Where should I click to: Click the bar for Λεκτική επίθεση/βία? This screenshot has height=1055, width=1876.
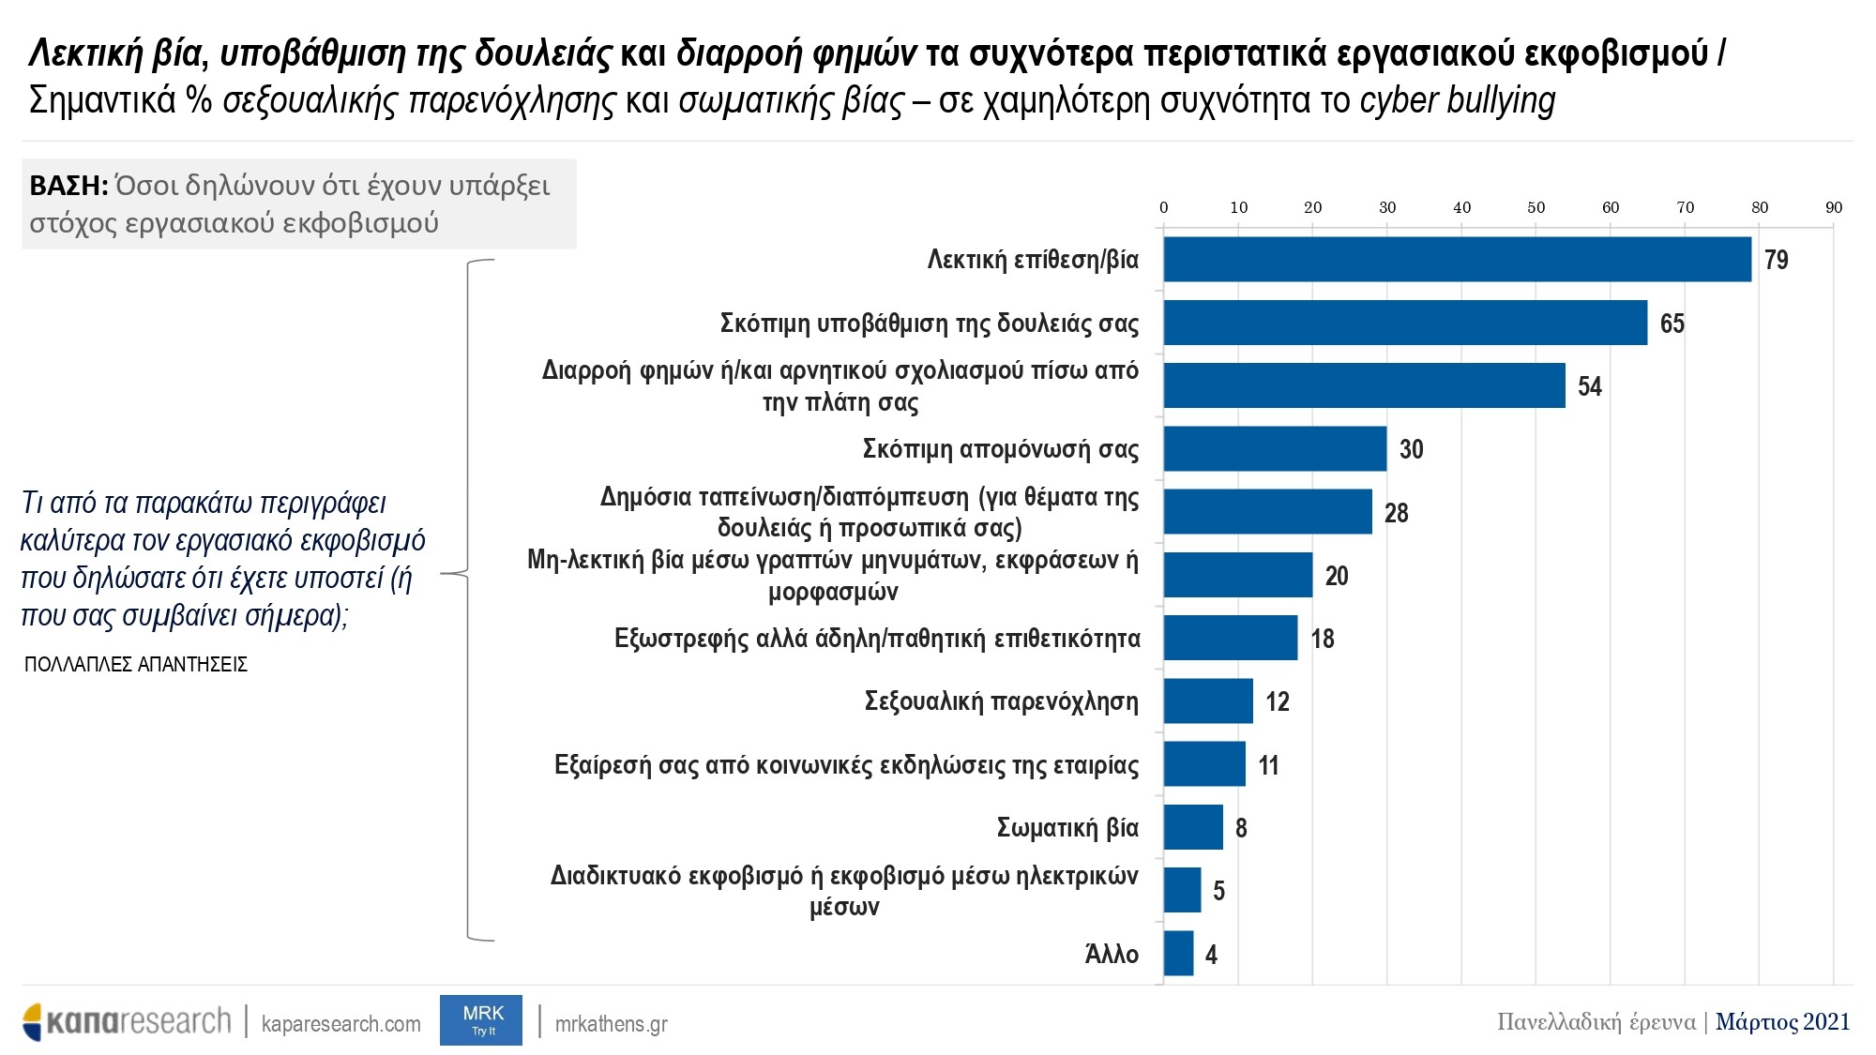(1457, 259)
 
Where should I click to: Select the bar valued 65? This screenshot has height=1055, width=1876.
(1405, 323)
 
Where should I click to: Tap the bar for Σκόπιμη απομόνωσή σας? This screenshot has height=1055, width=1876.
(1275, 449)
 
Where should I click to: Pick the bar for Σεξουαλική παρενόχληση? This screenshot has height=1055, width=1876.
(1208, 701)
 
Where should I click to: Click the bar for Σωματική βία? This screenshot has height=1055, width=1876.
(1193, 827)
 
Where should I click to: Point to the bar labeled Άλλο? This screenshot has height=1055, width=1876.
(1178, 954)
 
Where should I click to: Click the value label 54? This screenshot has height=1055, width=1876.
(1589, 386)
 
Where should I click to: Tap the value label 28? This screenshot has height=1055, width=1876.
(1396, 513)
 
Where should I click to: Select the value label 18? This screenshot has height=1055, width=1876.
(1323, 640)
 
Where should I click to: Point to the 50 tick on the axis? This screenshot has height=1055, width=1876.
(1536, 208)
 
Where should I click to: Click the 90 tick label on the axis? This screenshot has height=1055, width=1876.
(1833, 208)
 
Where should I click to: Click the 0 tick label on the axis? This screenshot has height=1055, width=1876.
(1164, 208)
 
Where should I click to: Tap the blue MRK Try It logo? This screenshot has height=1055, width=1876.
(481, 1019)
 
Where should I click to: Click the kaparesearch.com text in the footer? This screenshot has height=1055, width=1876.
(340, 1023)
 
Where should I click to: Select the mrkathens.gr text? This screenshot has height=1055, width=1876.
(611, 1023)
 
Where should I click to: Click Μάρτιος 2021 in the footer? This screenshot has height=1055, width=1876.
(1782, 1021)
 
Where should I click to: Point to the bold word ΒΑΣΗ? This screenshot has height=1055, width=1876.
(68, 186)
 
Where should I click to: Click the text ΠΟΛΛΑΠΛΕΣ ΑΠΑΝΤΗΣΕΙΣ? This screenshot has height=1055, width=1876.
(136, 665)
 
